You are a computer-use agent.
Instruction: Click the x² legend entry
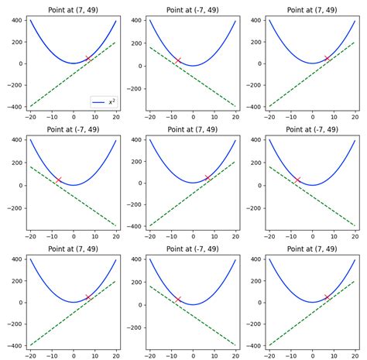pos(105,101)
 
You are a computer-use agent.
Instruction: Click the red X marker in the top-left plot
pos(88,58)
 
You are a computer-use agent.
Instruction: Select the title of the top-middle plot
pos(192,10)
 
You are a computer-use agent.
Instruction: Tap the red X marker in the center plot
pos(208,177)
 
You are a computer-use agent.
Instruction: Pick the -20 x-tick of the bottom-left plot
pos(31,355)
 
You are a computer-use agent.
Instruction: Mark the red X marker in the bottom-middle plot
pos(178,299)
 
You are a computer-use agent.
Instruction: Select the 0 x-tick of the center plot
pos(193,236)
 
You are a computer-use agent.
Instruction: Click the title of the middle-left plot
pos(73,130)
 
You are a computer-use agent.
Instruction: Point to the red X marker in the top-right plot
pos(328,58)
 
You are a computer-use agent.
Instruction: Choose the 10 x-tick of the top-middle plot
pos(214,117)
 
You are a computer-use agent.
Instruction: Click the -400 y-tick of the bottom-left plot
pos(13,346)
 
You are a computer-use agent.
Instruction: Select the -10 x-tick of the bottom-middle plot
pos(171,355)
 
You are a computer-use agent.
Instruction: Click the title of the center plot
pos(192,130)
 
